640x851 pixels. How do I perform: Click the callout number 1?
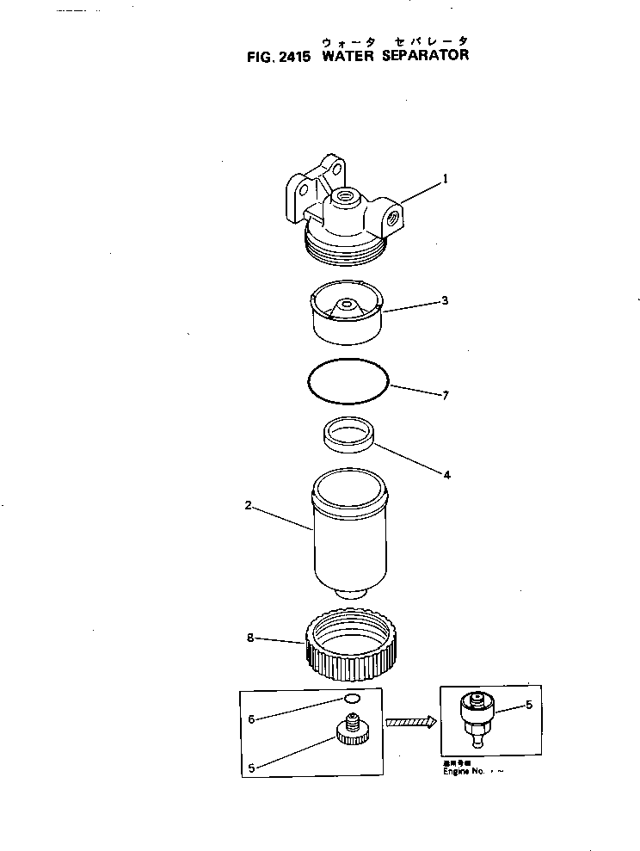(446, 180)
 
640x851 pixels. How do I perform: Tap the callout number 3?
(446, 301)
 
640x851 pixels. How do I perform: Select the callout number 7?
(446, 396)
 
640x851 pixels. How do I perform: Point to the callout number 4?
(446, 474)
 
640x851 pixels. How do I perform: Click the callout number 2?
(248, 506)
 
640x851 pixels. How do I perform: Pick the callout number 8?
(249, 639)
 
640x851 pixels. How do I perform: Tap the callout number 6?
(250, 719)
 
